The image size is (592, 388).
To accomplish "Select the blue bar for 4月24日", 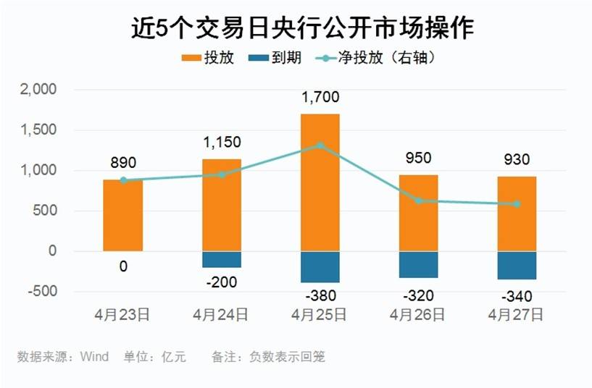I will coord(222,259).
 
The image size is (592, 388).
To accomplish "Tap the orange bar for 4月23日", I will coord(123,215).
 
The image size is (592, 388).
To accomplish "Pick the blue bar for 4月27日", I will coord(517,265).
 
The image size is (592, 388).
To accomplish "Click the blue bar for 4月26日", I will coord(418,264).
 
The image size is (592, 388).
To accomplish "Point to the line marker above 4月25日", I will coord(320,145).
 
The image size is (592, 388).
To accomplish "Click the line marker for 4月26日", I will coord(418,201).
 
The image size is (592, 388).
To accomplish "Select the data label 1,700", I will coord(320,97).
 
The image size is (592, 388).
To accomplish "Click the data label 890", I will coord(123,163).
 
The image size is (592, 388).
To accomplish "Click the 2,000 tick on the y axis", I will coord(41,90).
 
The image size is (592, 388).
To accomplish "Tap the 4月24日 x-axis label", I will coord(222,315).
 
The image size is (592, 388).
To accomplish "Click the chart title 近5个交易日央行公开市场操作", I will coord(302,28).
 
